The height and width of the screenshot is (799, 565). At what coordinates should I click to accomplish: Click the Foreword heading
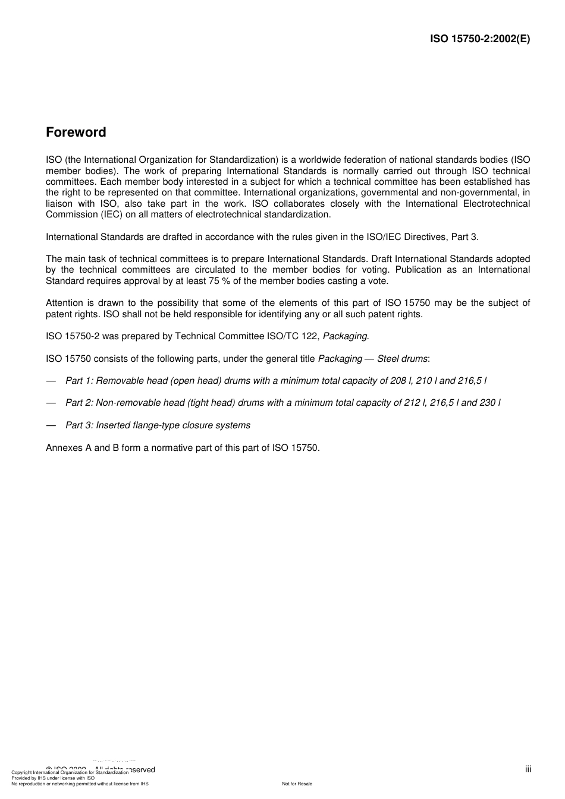[x=76, y=132]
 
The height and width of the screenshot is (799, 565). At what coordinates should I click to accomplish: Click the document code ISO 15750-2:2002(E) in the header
[x=480, y=39]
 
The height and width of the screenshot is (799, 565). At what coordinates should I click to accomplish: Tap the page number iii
[x=528, y=769]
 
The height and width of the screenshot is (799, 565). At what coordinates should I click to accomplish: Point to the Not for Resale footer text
[x=297, y=784]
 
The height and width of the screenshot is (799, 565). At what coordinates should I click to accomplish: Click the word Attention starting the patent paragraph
[x=65, y=303]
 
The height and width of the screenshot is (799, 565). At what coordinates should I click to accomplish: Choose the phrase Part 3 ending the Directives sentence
[x=464, y=237]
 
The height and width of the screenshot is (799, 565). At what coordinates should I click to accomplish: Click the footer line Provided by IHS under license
[x=53, y=778]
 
